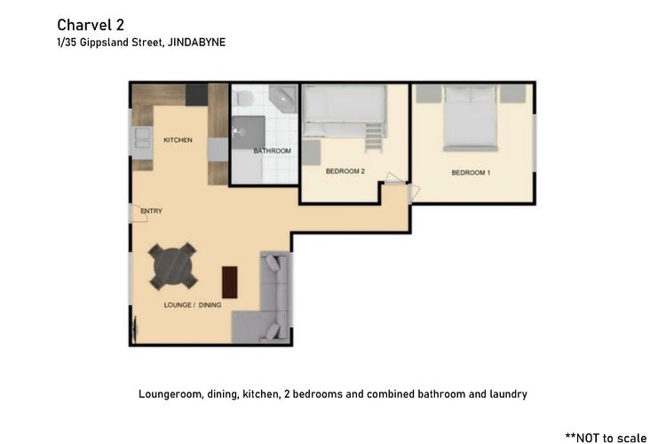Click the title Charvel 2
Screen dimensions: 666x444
coord(91,25)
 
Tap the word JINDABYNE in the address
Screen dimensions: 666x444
coord(196,43)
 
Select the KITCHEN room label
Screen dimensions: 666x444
coord(178,139)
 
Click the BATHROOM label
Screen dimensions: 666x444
coord(273,151)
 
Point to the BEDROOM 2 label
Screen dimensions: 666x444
coord(345,171)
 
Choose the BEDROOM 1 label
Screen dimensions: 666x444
coord(471,172)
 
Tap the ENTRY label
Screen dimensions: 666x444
coord(152,210)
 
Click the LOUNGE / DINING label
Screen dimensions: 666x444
coord(193,305)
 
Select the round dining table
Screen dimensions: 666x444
coord(173,266)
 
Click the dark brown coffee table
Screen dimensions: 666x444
coord(230,282)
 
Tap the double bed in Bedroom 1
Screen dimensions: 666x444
coord(470,118)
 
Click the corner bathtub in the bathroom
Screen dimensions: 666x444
coord(283,99)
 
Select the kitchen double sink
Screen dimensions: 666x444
coord(141,139)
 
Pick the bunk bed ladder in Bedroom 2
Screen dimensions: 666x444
coord(374,137)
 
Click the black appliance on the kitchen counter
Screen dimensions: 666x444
coord(196,95)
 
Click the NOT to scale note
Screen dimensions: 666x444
coord(607,438)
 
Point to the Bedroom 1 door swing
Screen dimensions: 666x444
coord(414,193)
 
